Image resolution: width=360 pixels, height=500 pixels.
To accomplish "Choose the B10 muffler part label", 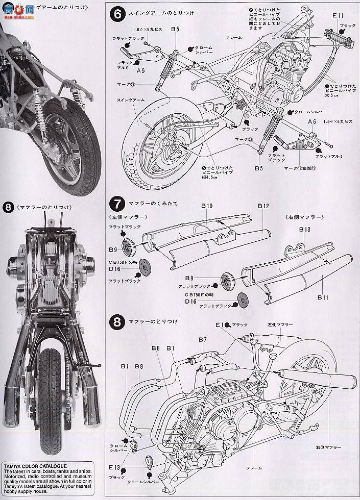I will coord(206,206).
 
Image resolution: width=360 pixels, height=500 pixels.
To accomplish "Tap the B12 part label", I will coord(263,206).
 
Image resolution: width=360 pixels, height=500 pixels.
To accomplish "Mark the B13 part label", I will coord(304,230).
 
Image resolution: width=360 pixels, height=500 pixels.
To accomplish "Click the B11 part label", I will coord(323,296).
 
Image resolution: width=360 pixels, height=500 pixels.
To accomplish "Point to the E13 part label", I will coord(115,466).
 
